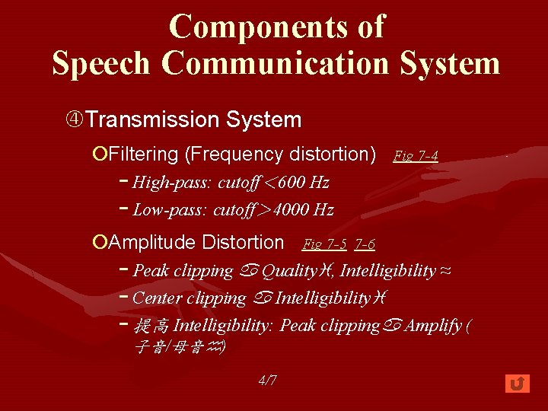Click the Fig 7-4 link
(x=415, y=156)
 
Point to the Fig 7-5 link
(x=325, y=244)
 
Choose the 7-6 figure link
(x=365, y=244)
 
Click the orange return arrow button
(x=518, y=384)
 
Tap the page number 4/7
(x=267, y=381)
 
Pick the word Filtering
(x=144, y=155)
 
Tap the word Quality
(x=290, y=271)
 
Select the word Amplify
(x=433, y=326)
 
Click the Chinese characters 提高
(x=151, y=327)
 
